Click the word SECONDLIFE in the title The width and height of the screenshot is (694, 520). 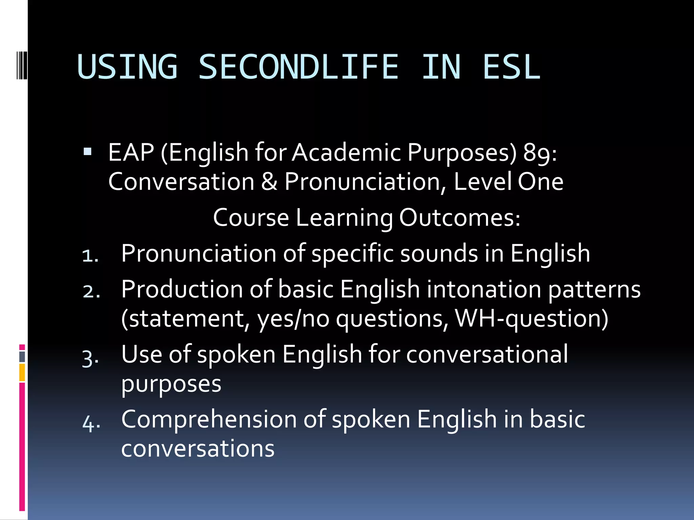[298, 67]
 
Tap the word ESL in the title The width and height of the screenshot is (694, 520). [511, 67]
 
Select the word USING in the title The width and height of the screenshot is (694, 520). [127, 67]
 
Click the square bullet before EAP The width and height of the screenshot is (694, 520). [87, 151]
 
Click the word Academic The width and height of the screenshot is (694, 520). [346, 152]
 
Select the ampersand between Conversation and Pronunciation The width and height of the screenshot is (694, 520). [269, 182]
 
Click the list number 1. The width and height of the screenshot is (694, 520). [90, 256]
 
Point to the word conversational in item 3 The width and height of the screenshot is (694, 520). [487, 354]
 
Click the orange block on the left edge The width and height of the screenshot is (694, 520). [22, 372]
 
